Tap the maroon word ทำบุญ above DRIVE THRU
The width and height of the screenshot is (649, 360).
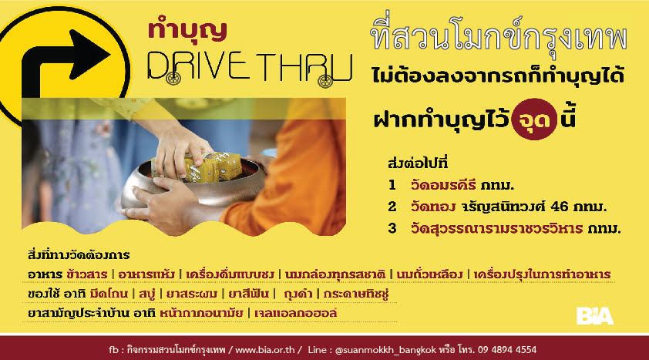187,30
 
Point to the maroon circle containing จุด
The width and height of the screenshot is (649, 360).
534,119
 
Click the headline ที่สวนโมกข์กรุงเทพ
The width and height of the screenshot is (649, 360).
499,36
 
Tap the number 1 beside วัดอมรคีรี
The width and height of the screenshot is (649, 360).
392,185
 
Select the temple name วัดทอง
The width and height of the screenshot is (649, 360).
433,206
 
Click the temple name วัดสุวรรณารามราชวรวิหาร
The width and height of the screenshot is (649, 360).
496,228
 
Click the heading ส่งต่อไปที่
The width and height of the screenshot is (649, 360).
418,163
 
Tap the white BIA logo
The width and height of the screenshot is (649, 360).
595,316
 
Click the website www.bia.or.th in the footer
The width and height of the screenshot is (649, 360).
265,350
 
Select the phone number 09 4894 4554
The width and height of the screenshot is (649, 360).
507,350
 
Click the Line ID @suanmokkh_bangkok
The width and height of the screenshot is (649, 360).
385,350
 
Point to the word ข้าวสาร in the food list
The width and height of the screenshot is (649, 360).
86,274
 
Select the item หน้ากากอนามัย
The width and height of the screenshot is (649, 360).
201,313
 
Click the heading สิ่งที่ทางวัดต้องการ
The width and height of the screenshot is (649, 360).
79,255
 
